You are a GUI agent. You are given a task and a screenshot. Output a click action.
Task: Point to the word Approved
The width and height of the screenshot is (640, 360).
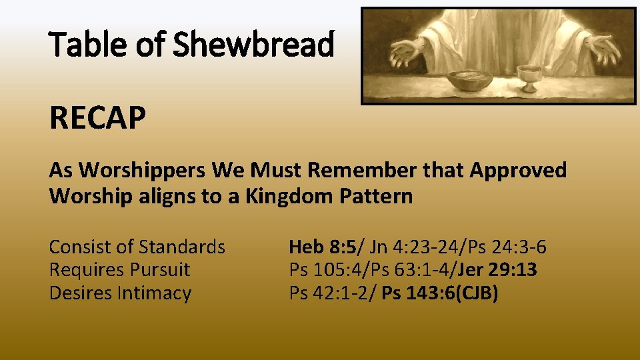click(x=518, y=171)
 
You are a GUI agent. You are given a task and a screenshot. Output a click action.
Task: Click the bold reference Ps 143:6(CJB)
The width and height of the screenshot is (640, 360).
click(x=440, y=293)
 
